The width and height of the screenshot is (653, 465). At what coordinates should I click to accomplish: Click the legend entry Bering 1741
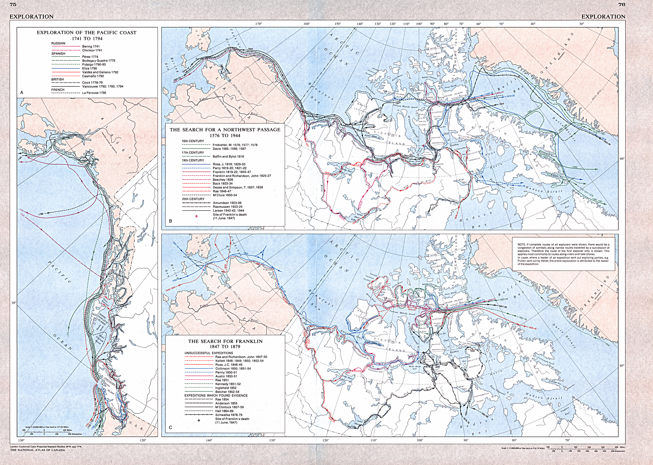click(x=91, y=46)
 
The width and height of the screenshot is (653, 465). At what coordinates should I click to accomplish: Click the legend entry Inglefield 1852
click(x=226, y=388)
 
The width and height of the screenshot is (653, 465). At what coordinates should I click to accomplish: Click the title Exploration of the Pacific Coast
click(x=86, y=33)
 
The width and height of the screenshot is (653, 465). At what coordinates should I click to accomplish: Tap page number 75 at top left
click(x=13, y=4)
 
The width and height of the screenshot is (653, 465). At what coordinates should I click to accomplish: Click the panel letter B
click(x=171, y=221)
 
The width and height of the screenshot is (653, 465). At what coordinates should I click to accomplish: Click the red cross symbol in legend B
click(x=196, y=216)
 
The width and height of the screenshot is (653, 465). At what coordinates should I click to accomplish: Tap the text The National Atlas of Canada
click(x=37, y=450)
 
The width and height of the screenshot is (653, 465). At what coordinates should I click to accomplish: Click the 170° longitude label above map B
click(x=258, y=24)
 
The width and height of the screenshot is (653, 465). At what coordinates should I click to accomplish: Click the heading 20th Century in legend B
click(x=193, y=199)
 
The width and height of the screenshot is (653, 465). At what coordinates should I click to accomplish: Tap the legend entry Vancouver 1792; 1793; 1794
click(x=103, y=86)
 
